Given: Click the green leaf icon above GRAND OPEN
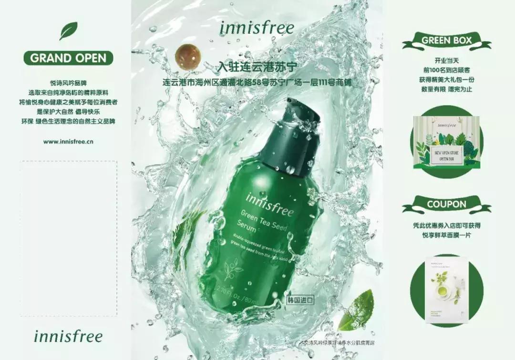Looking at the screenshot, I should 68,31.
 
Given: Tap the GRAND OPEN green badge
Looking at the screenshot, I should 68,58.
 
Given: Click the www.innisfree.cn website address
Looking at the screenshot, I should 68,142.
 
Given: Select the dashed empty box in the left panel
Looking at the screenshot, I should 68,238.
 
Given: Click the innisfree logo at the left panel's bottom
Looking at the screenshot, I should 68,336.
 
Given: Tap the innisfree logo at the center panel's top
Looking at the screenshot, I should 257,27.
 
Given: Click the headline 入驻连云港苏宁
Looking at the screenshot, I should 257,67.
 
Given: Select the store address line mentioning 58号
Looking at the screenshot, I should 257,83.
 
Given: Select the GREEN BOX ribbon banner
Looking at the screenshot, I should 446,41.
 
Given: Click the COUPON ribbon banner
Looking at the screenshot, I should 446,204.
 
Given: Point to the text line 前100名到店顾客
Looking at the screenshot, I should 446,71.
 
